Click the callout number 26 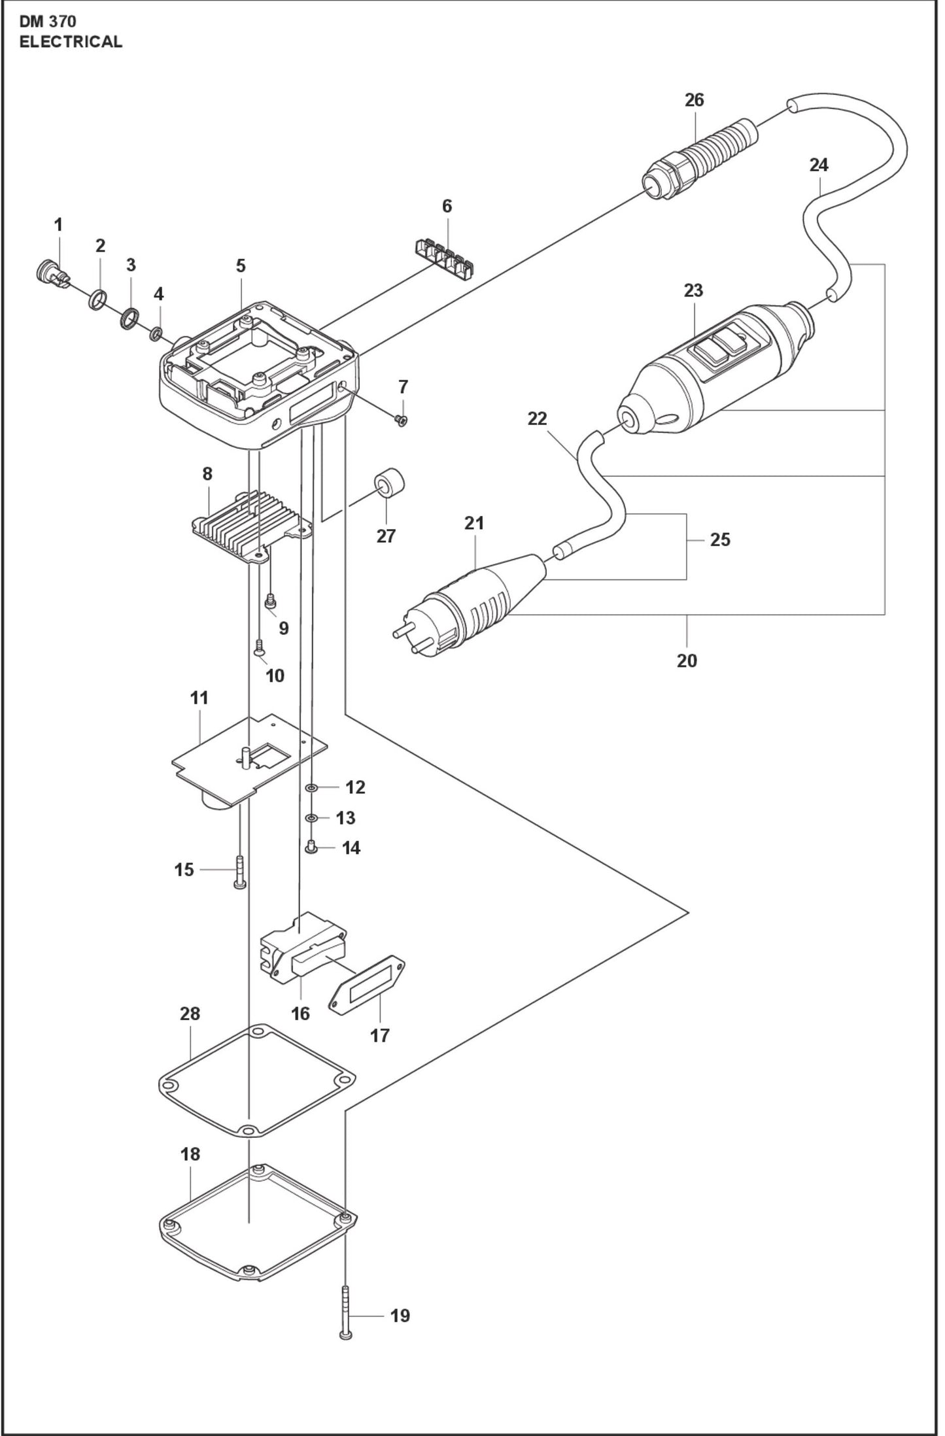point(694,100)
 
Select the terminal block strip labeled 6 point(444,258)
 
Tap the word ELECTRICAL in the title point(71,41)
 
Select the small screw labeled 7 point(402,420)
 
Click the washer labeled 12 point(312,788)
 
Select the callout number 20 point(687,660)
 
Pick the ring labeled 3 point(129,319)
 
